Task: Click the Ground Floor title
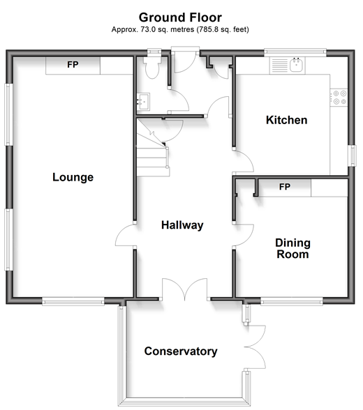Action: click(180, 17)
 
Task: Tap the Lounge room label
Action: click(73, 177)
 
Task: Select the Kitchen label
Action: click(287, 120)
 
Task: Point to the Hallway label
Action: click(182, 225)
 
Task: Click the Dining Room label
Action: click(293, 248)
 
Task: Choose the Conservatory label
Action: click(181, 351)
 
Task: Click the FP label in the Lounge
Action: click(73, 65)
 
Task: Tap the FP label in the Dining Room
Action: click(285, 187)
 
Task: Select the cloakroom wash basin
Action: click(143, 101)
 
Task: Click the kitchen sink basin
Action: click(297, 65)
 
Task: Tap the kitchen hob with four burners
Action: click(339, 98)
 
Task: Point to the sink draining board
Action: click(280, 66)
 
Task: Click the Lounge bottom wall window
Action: click(73, 301)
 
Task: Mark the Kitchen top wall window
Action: click(295, 52)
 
